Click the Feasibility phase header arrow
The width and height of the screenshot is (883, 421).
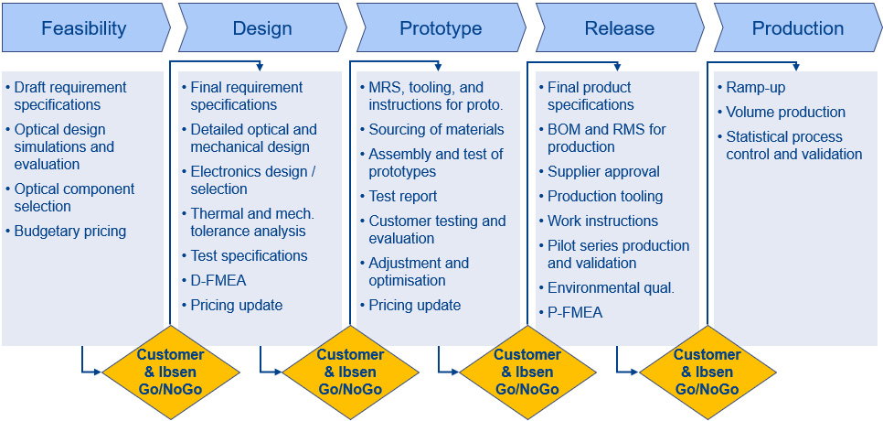[84, 28]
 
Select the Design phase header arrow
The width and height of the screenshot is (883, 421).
[262, 28]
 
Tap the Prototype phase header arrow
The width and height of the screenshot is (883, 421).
[441, 28]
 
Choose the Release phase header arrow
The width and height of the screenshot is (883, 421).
[619, 28]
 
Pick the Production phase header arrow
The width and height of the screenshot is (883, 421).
[797, 28]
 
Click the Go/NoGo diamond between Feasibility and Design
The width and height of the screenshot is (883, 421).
[170, 372]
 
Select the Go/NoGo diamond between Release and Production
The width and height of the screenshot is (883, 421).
[707, 372]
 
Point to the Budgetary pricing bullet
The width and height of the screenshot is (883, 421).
[69, 232]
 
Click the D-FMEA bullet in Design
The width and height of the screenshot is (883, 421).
[219, 280]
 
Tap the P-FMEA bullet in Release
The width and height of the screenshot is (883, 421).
[575, 313]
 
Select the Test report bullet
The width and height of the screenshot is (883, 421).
[402, 196]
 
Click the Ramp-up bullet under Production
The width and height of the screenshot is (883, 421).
[755, 88]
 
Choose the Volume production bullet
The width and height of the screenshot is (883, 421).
[785, 113]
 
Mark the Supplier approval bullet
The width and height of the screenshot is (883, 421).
[603, 171]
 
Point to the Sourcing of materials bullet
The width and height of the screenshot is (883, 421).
[436, 130]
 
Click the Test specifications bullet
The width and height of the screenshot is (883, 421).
[249, 255]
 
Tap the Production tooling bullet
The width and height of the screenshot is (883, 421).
[605, 196]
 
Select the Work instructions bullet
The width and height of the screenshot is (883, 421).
[602, 221]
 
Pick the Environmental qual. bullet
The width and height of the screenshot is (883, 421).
[611, 287]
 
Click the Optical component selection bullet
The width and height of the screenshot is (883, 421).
[73, 198]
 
